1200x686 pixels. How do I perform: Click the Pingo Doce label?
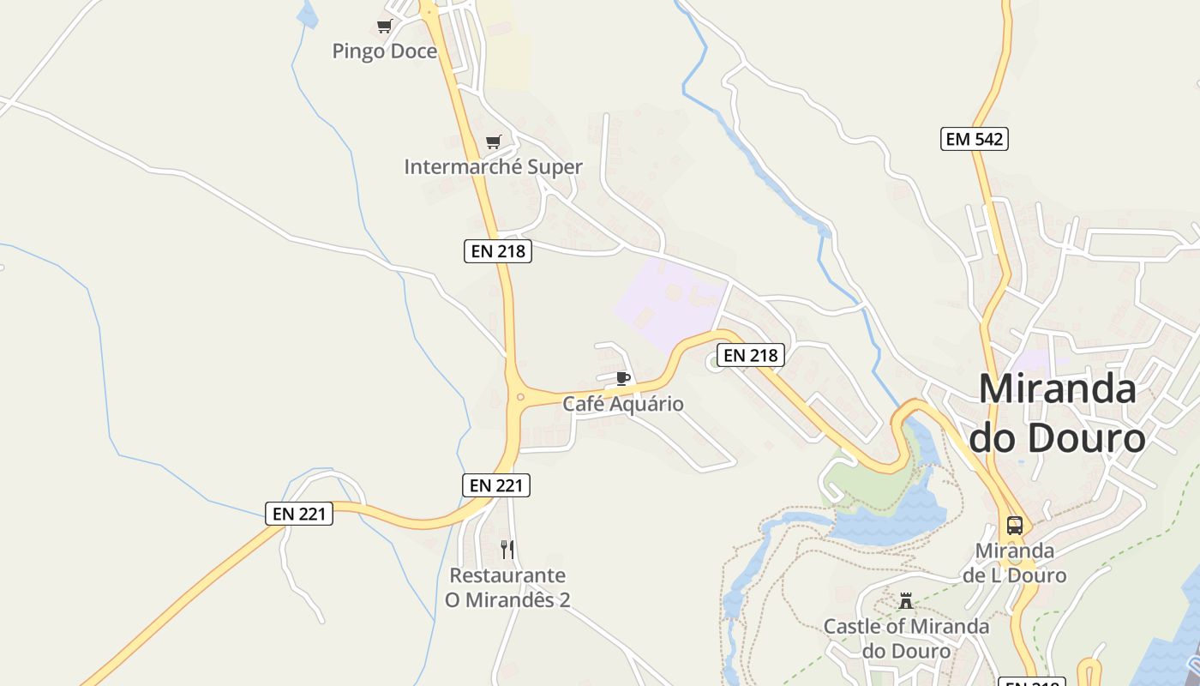[384, 51]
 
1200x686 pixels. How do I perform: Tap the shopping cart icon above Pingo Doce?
[384, 27]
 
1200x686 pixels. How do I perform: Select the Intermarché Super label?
[493, 167]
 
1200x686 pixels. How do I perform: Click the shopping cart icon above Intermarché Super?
[493, 141]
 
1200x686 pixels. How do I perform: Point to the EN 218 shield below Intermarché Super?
[498, 251]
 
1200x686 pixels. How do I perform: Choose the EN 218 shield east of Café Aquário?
[750, 355]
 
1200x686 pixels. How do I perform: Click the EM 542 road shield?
[974, 139]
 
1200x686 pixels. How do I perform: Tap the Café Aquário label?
[623, 404]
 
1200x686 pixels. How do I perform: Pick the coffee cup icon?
[623, 378]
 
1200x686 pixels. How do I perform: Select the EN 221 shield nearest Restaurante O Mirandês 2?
[496, 485]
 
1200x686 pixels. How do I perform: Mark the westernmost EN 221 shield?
[299, 514]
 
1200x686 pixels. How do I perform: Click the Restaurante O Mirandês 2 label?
[507, 587]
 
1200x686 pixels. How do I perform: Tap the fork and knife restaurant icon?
[507, 549]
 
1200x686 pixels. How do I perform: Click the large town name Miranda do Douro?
[1057, 413]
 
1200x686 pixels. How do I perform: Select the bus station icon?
[1014, 525]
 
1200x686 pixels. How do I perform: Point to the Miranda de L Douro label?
[1014, 563]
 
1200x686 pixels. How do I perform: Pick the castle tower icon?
[906, 600]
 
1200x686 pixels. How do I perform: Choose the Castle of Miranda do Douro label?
[906, 639]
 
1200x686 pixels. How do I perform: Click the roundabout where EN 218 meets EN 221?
[519, 397]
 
